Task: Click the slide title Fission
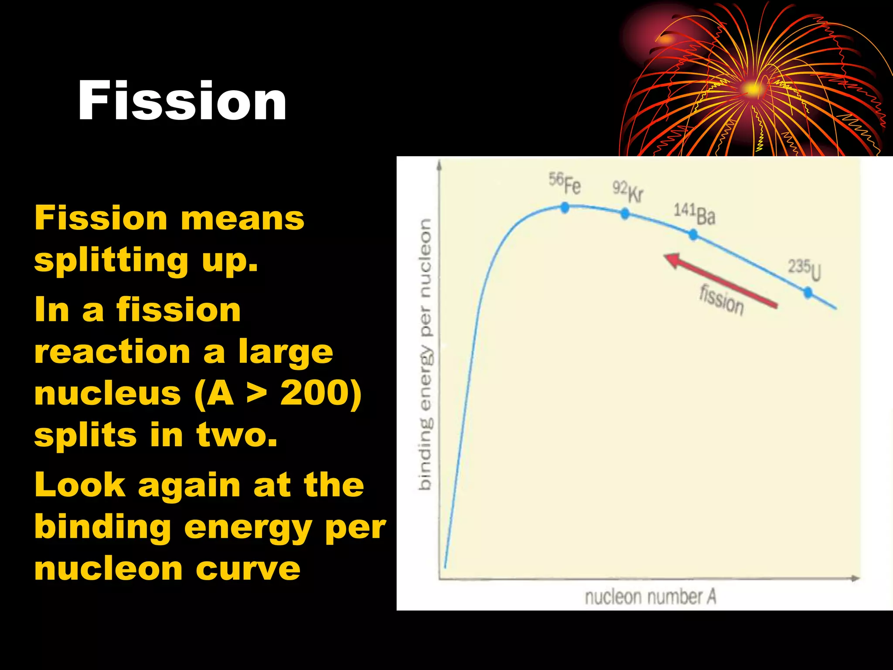(182, 101)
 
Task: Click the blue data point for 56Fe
(565, 208)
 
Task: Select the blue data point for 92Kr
(625, 213)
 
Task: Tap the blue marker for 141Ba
(693, 235)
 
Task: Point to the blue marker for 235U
(808, 292)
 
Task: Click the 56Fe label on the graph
(565, 183)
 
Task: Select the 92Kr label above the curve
(628, 192)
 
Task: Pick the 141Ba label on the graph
(694, 214)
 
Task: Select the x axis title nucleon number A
(650, 597)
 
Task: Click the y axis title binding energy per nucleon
(425, 353)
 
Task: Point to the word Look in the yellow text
(80, 485)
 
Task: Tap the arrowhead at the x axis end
(856, 578)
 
